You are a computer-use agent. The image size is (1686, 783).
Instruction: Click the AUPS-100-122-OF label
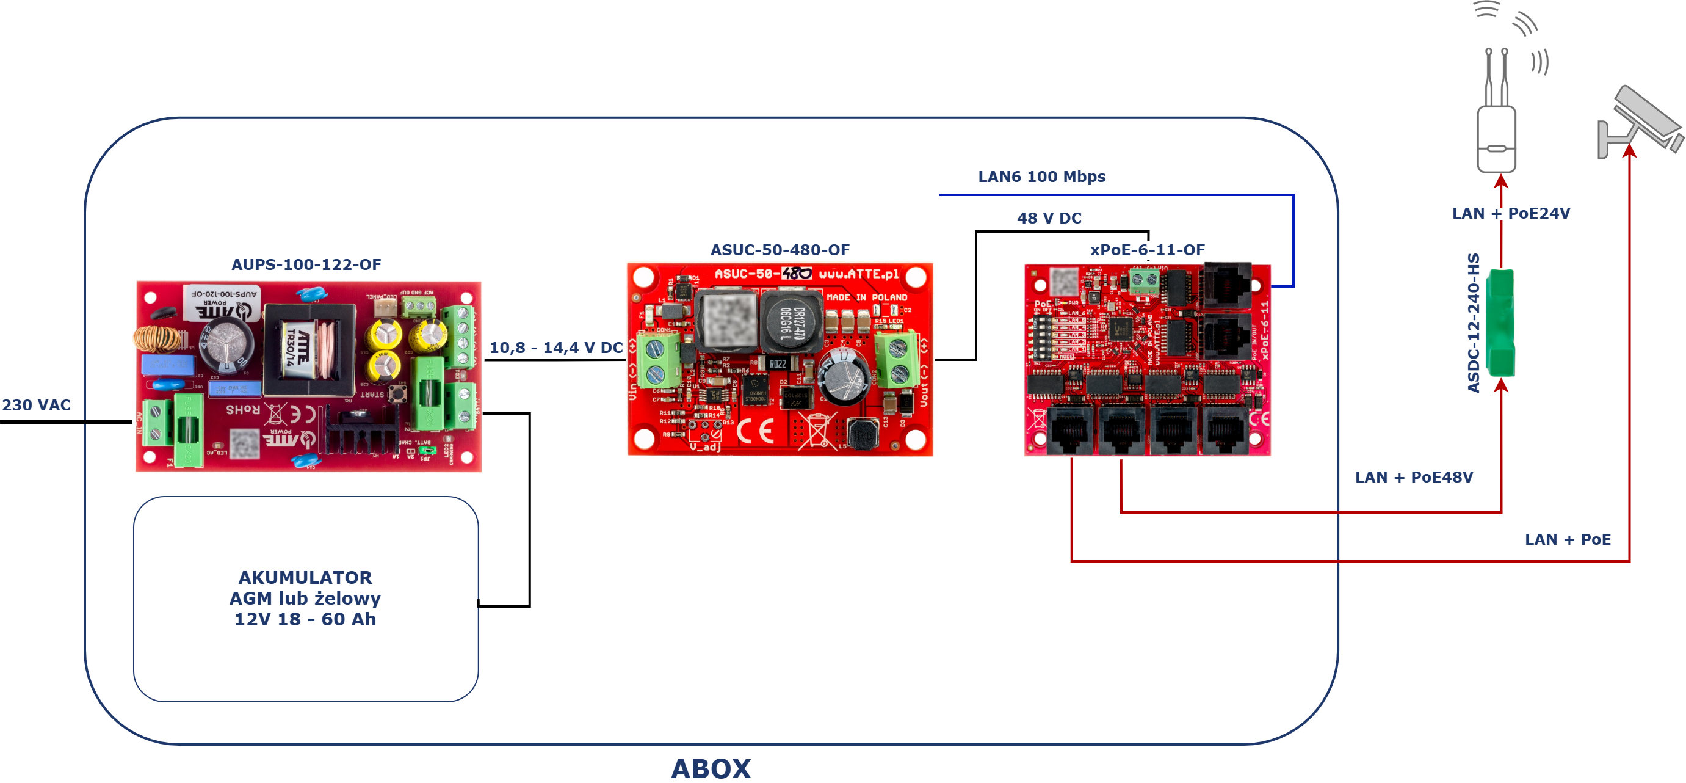[306, 264]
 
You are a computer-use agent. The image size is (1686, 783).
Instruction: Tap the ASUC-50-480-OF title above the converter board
[780, 249]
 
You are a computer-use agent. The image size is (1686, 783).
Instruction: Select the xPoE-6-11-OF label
[1147, 249]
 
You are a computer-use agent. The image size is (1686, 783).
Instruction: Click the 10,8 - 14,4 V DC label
[555, 348]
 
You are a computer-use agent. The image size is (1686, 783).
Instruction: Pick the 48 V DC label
[1049, 218]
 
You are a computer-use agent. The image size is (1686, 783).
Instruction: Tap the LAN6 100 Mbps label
[1041, 177]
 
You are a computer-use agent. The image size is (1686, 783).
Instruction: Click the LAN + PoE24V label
[1511, 213]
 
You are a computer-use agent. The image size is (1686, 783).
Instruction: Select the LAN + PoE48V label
[1414, 476]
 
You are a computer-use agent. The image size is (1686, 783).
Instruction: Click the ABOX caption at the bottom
[711, 768]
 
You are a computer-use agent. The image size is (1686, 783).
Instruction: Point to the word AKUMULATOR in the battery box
[305, 577]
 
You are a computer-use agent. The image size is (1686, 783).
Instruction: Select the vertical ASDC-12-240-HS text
[1474, 322]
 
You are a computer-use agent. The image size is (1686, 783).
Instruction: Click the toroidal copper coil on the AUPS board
[157, 338]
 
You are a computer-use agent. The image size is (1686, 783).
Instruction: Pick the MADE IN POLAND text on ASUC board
[867, 297]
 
